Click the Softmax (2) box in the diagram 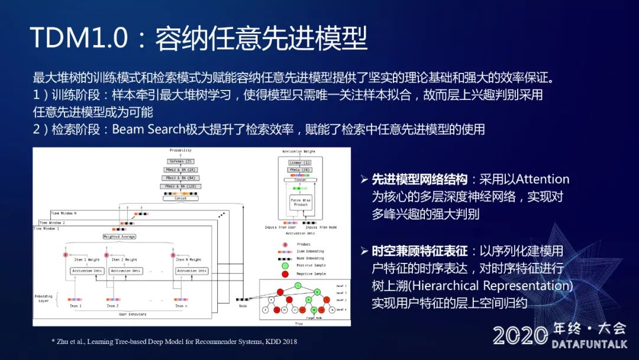coord(180,161)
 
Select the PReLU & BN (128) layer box coord(180,187)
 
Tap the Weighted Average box coord(120,236)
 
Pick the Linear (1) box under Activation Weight coord(299,162)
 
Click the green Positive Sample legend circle coord(285,265)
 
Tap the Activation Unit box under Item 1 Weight coord(87,271)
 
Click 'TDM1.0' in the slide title coord(78,38)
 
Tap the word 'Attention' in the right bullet coord(543,179)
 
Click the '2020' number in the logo coord(520,336)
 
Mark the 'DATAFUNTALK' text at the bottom coord(589,344)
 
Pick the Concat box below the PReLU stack coord(180,198)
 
